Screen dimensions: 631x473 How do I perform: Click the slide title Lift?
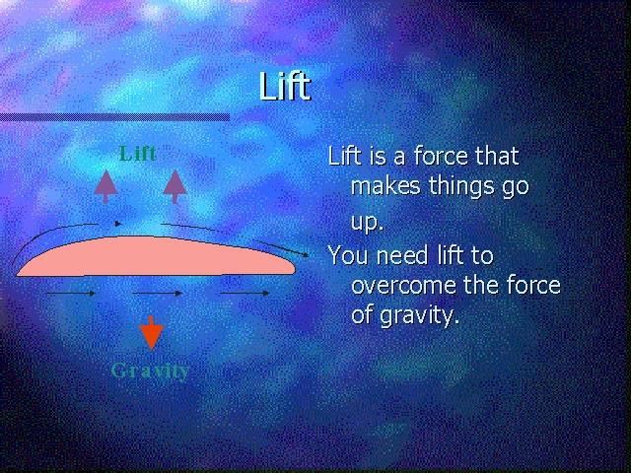click(x=285, y=86)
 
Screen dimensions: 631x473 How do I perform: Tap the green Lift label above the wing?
click(x=138, y=154)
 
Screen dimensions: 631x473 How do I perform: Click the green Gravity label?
click(x=150, y=371)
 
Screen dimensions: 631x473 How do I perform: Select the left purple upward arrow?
click(x=105, y=186)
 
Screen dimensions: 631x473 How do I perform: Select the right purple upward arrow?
click(x=175, y=186)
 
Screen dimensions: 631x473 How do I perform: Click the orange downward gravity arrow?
click(x=151, y=332)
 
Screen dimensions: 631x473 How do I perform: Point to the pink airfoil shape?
click(x=156, y=256)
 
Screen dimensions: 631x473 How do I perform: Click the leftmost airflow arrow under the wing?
click(x=71, y=294)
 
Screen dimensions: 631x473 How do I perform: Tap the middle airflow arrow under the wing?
click(x=157, y=294)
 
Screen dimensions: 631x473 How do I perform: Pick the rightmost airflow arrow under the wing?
click(x=245, y=294)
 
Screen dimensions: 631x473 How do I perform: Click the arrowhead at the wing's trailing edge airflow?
click(x=305, y=254)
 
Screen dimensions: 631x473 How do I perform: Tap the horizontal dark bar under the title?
click(x=114, y=117)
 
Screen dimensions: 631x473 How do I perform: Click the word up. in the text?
click(x=366, y=222)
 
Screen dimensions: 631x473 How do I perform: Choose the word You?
click(x=348, y=255)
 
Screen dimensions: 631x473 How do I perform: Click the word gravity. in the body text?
click(x=419, y=316)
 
